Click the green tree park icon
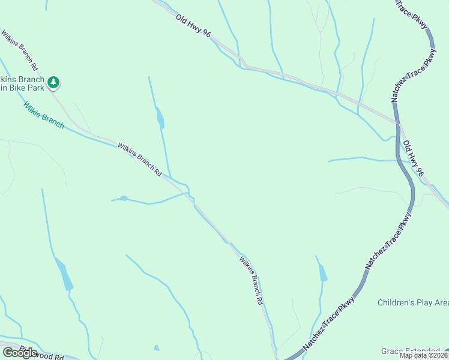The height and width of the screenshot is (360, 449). [54, 82]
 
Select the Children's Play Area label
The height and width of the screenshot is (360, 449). [413, 302]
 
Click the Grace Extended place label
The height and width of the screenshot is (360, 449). [414, 351]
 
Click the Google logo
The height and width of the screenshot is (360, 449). [20, 352]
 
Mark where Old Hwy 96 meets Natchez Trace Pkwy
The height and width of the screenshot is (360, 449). [397, 123]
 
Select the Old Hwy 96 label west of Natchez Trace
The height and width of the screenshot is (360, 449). [193, 26]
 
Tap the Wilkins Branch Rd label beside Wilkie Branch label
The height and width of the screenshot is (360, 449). [140, 159]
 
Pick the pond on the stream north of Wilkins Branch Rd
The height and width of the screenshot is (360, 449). [160, 118]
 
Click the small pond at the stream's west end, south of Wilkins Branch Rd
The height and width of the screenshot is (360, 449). [124, 198]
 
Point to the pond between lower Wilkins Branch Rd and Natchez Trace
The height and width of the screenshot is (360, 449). [323, 273]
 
